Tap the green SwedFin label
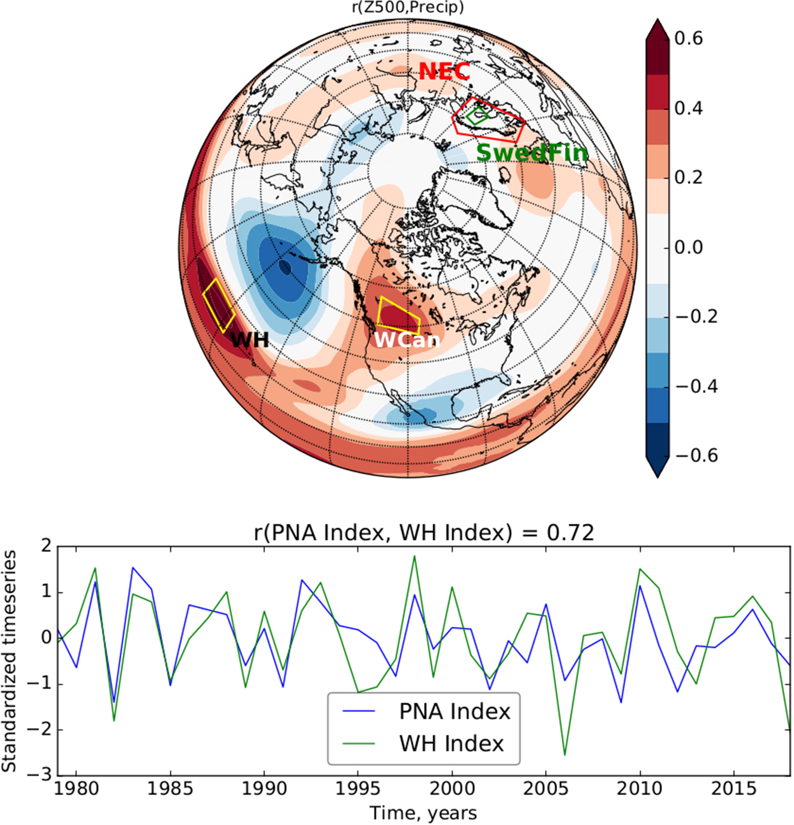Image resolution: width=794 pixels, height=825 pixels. pyautogui.click(x=532, y=152)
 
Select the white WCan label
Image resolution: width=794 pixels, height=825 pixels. pyautogui.click(x=407, y=340)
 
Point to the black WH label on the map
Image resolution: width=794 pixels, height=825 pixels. pyautogui.click(x=250, y=339)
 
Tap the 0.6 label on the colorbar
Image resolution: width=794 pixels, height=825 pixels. pyautogui.click(x=689, y=39)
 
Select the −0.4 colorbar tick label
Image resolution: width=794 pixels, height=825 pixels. pyautogui.click(x=696, y=386)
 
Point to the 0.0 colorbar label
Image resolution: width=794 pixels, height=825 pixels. pyautogui.click(x=689, y=247)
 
